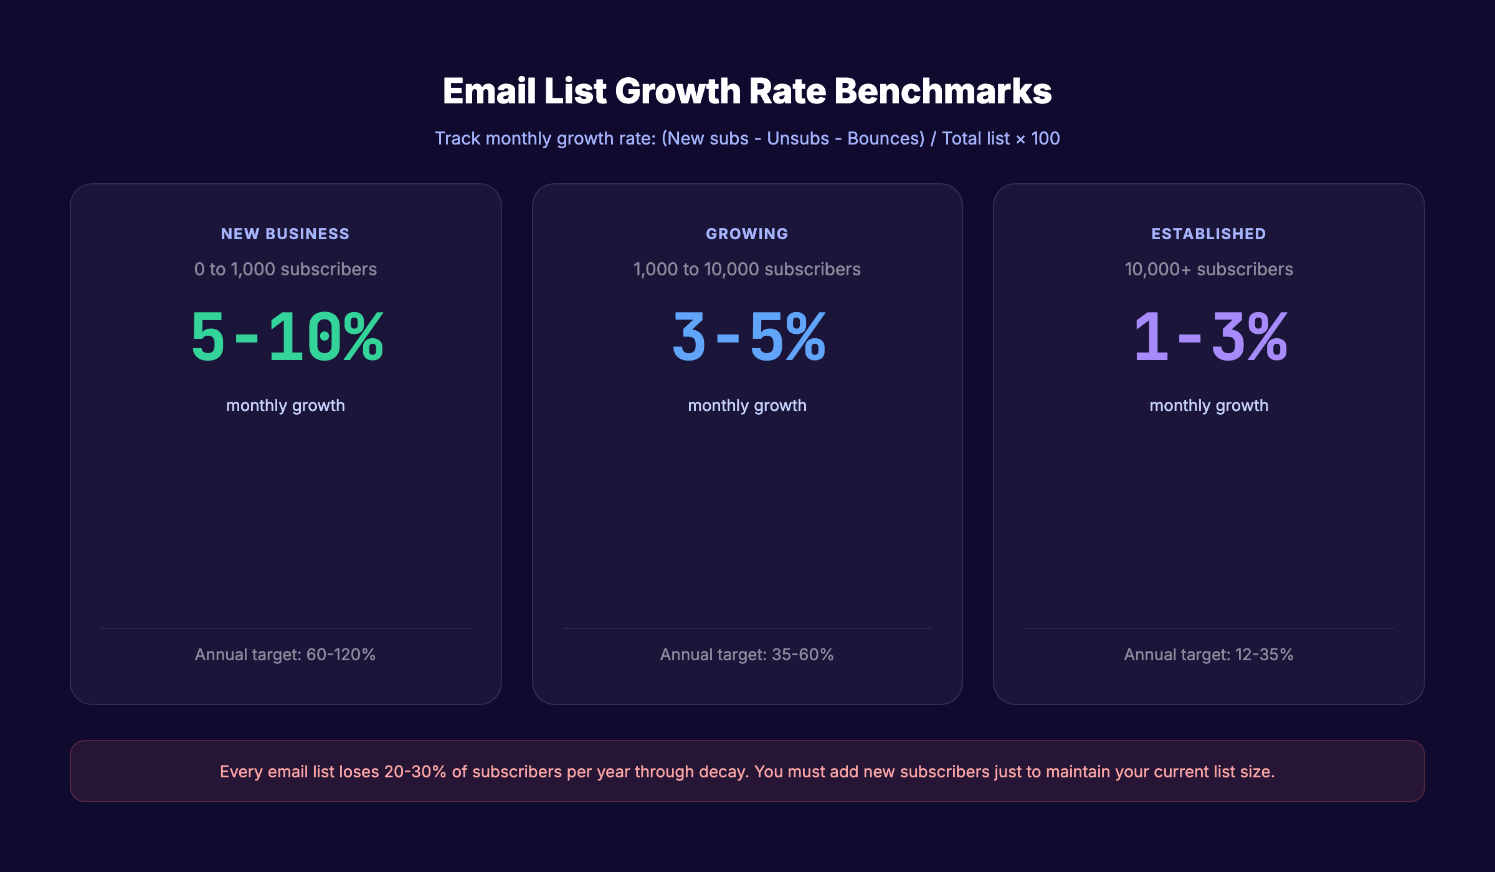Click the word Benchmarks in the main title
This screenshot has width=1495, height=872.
pos(942,92)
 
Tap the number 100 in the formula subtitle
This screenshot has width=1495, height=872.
pos(1045,138)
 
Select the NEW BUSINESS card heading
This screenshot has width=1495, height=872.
pos(285,234)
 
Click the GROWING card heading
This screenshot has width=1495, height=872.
pos(747,234)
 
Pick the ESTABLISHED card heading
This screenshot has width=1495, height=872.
pos(1208,234)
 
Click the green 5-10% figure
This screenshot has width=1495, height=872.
pos(287,337)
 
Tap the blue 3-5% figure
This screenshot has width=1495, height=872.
pos(749,337)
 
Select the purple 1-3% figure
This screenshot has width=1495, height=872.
pos(1210,337)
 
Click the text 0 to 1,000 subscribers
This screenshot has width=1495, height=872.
pos(285,269)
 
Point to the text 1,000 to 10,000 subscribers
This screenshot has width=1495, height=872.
pos(747,269)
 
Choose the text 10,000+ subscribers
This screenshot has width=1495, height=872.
pos(1208,269)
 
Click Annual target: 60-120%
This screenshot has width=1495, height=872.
pos(285,655)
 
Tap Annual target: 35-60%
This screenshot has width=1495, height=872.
pos(747,655)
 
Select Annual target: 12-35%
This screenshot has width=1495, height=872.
pos(1208,655)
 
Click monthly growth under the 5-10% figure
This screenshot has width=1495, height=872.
pos(285,405)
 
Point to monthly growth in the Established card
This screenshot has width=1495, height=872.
pos(1208,405)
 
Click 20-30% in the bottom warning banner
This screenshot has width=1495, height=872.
pos(415,772)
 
